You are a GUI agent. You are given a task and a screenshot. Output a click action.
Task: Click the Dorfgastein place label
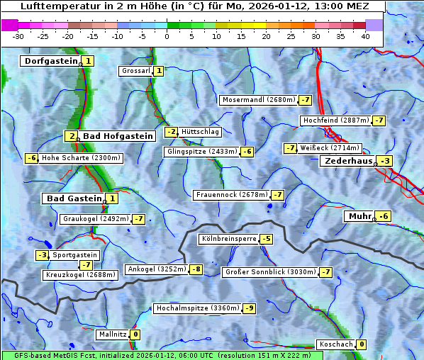click(51, 61)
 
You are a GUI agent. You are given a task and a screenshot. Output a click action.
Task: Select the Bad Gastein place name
click(74, 198)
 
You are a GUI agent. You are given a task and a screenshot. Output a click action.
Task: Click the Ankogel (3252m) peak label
click(156, 269)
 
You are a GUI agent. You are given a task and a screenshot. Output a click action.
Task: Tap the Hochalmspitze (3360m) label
click(198, 308)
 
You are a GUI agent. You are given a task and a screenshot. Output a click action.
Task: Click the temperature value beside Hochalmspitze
click(249, 308)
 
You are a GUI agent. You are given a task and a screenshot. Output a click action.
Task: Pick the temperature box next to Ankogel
click(195, 269)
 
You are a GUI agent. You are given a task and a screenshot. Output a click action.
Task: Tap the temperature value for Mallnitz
click(135, 334)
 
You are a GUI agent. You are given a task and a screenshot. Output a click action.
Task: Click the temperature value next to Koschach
click(362, 344)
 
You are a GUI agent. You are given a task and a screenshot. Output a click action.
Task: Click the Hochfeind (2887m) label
click(335, 120)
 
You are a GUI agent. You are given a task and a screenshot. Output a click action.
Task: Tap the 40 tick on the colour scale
click(365, 36)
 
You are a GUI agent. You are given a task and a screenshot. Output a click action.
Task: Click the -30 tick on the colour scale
click(18, 36)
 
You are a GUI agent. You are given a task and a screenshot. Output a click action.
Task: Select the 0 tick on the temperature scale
click(167, 36)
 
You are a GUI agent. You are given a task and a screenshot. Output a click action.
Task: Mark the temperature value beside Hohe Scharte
click(32, 158)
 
